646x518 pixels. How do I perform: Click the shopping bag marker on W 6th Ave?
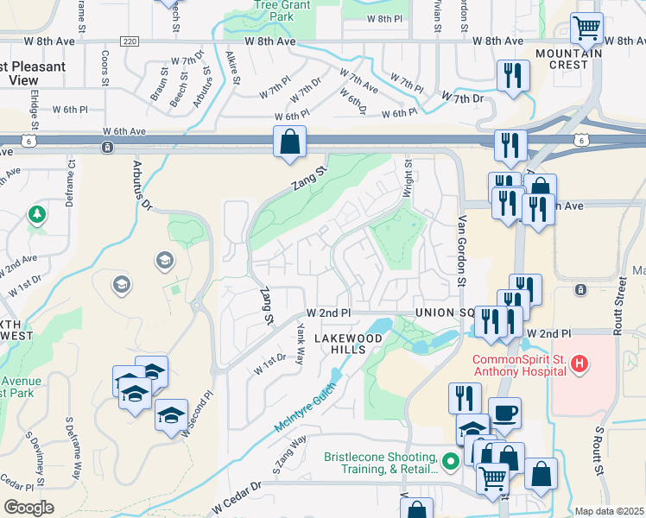(290, 142)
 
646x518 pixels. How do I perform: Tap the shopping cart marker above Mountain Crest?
(586, 28)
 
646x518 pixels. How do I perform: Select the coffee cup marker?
(504, 412)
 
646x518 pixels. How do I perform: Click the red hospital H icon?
(579, 366)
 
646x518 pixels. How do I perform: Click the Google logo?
(28, 508)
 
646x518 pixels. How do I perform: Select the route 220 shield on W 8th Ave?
(130, 41)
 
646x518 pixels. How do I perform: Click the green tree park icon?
(36, 213)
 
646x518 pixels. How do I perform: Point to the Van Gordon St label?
(462, 251)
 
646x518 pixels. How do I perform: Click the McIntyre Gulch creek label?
(313, 404)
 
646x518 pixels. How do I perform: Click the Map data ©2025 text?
(609, 511)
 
